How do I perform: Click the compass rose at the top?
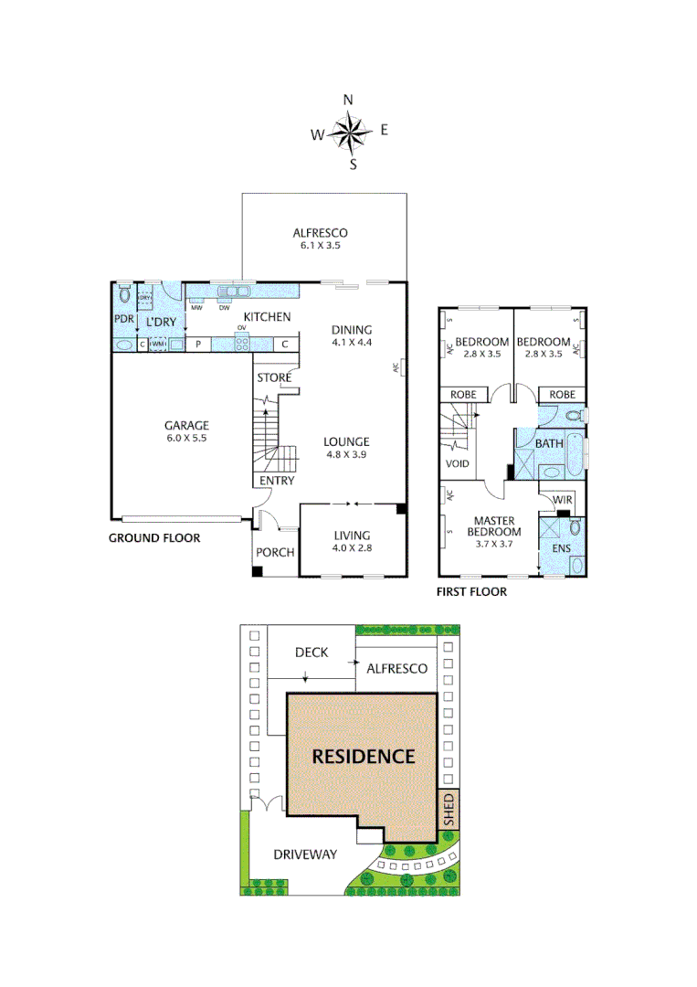click(350, 133)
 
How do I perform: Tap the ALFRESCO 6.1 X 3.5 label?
click(320, 239)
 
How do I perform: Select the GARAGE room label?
click(186, 431)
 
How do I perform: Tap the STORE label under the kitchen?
click(274, 377)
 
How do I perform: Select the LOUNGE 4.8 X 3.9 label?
click(346, 448)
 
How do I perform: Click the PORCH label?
click(273, 552)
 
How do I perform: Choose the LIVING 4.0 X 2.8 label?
click(351, 542)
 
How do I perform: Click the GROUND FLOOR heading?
click(154, 538)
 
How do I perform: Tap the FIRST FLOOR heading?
click(471, 592)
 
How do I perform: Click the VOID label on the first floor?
click(458, 464)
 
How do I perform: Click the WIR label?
click(563, 500)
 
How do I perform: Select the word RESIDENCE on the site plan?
click(364, 757)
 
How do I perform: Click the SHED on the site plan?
click(448, 810)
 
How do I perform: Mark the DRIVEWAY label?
click(305, 854)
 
